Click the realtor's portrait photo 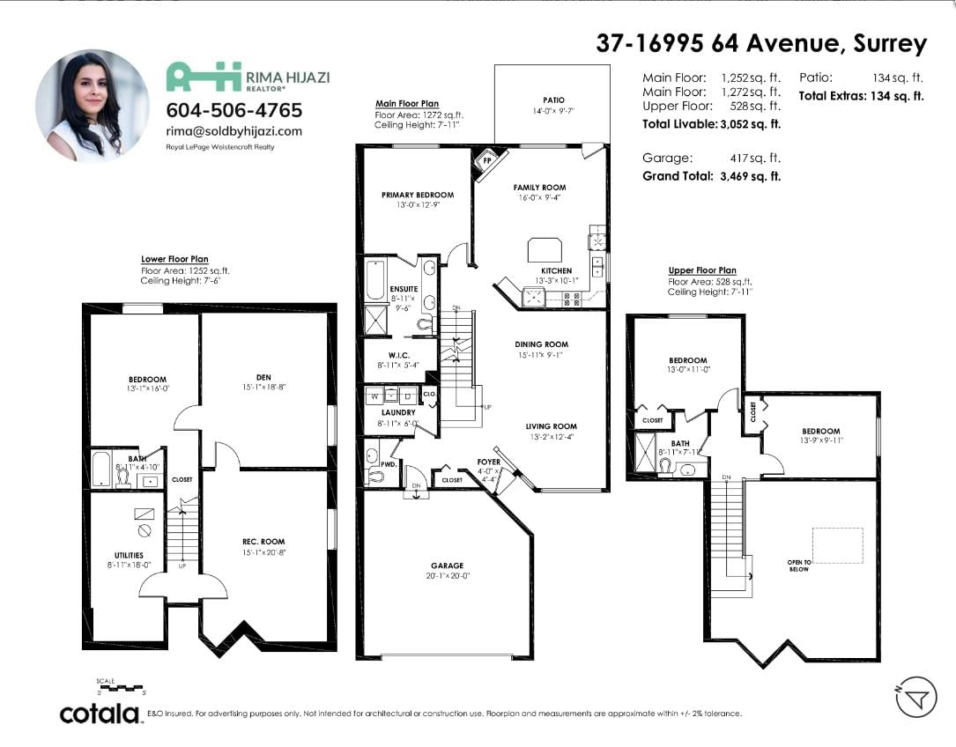pos(92,106)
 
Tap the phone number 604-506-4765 pos(234,110)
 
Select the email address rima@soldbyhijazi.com pos(234,131)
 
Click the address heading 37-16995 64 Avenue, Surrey pos(761,42)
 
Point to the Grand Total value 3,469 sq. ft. pos(750,176)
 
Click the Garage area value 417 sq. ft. pos(755,158)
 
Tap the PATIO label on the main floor pos(553,100)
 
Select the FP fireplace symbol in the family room pos(488,161)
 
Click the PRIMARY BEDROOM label pos(418,196)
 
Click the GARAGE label pos(448,566)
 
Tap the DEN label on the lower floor pos(263,377)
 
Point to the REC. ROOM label pos(263,542)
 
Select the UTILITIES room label pos(130,555)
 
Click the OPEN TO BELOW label pos(798,566)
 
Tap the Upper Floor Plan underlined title pos(702,270)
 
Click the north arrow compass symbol pos(916,698)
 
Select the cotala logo pos(100,714)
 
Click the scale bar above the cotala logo pos(122,688)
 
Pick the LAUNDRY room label pos(398,413)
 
